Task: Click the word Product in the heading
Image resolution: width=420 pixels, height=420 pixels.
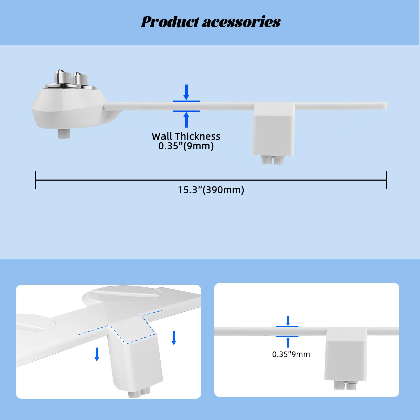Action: (170, 22)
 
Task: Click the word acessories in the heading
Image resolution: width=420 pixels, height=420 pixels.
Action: (241, 22)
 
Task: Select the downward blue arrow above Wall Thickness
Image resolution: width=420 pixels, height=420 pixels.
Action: (186, 92)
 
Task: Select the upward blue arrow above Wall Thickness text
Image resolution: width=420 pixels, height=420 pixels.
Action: (186, 120)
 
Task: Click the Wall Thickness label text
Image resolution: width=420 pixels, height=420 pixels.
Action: (186, 136)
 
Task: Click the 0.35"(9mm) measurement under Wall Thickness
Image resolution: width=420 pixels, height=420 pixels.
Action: (186, 146)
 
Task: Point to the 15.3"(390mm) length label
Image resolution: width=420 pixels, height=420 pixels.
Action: (211, 190)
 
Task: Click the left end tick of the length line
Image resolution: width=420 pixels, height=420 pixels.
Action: (35, 180)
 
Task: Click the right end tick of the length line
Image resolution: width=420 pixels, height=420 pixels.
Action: (386, 180)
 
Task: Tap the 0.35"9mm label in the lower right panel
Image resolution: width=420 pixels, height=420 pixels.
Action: (291, 354)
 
